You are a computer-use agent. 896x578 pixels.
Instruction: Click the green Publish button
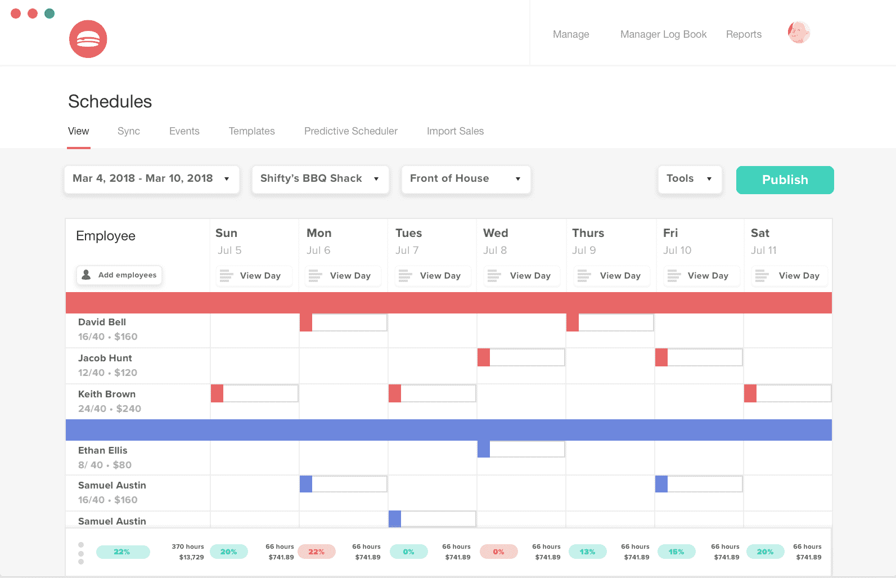[x=785, y=180]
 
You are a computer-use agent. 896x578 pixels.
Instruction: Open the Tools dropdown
[x=690, y=179]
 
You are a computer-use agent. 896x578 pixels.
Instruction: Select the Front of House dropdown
[x=466, y=179]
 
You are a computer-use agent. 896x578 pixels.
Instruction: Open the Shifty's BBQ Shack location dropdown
[x=320, y=179]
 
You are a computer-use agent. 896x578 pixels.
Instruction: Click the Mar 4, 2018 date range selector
[x=151, y=179]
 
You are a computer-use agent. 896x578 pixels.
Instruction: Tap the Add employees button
[x=119, y=275]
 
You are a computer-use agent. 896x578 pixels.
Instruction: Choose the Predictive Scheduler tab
[x=350, y=131]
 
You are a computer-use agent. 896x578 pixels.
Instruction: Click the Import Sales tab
[x=455, y=131]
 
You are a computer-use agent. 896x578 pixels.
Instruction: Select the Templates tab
[x=251, y=131]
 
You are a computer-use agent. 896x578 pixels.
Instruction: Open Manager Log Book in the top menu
[x=663, y=34]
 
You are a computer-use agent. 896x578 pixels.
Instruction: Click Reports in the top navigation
[x=744, y=34]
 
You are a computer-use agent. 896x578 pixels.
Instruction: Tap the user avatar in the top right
[x=799, y=33]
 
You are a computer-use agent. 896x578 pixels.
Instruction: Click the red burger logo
[x=88, y=39]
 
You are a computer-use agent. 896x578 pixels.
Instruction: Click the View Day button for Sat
[x=790, y=276]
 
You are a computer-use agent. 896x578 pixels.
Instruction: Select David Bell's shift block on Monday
[x=343, y=322]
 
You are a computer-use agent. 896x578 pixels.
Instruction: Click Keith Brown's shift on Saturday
[x=787, y=393]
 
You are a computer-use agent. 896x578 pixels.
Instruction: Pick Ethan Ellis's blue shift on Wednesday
[x=521, y=449]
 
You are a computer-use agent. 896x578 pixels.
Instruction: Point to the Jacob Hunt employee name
[x=105, y=358]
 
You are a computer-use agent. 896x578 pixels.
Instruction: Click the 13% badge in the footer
[x=587, y=552]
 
